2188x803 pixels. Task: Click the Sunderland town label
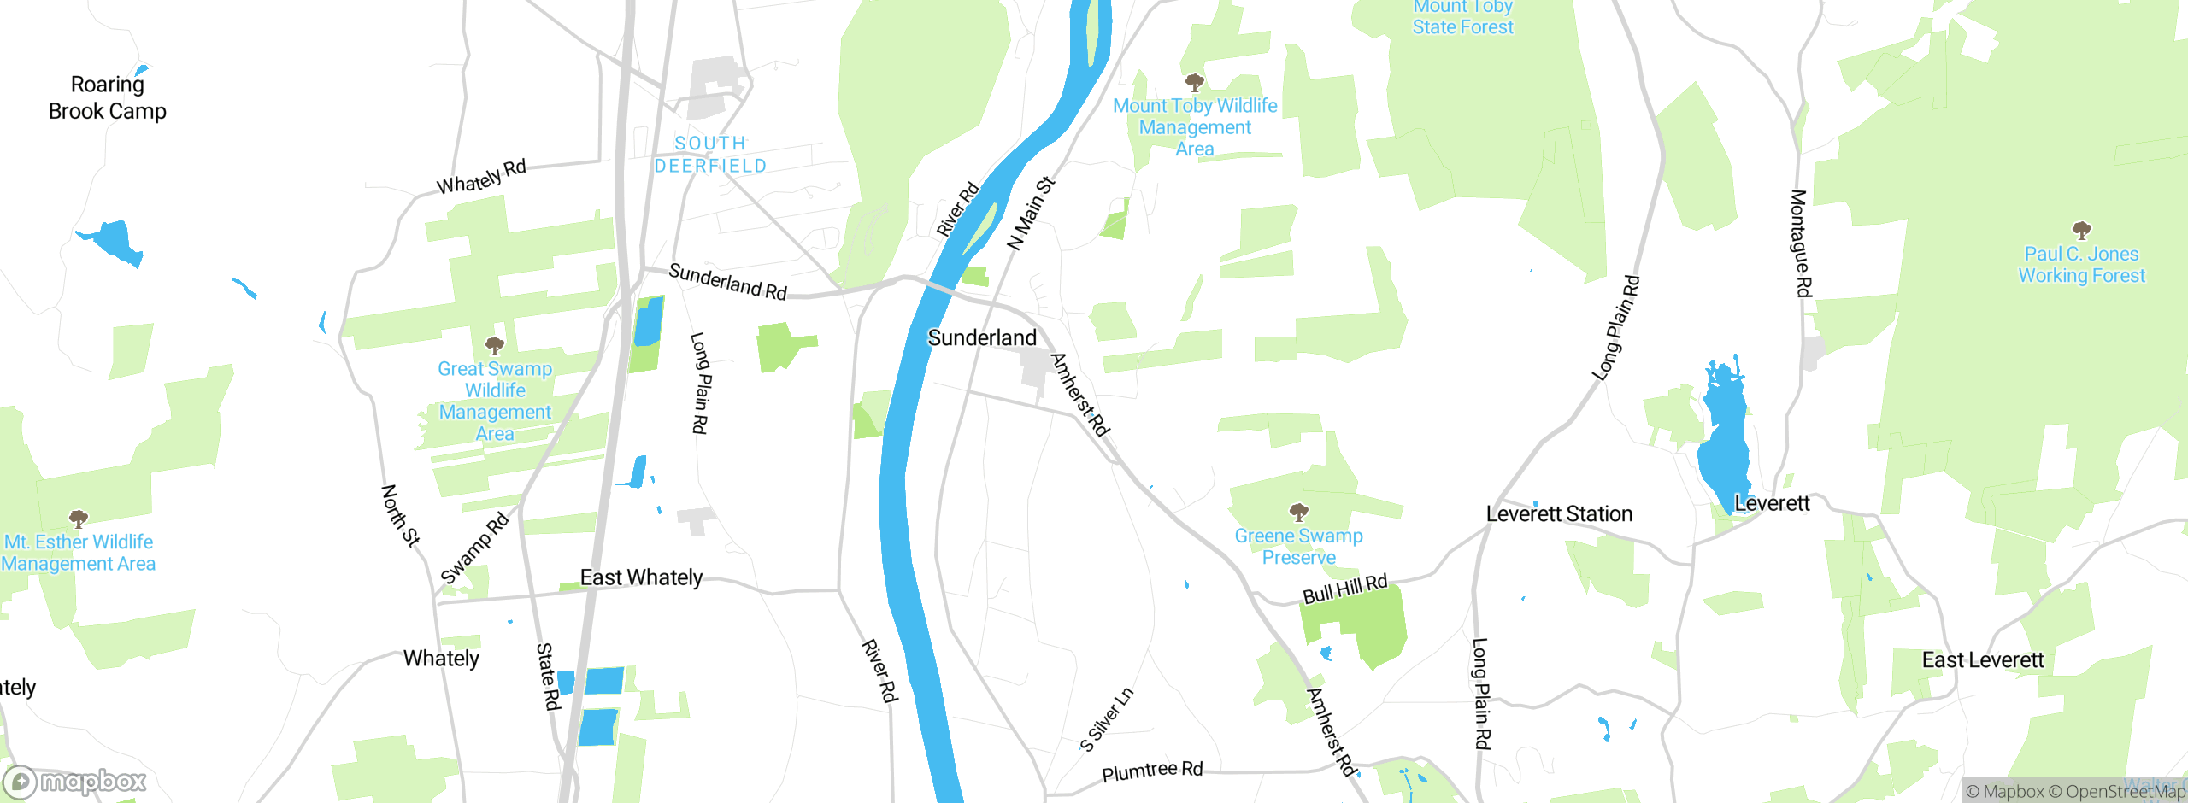982,337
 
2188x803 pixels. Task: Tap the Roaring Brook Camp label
108,97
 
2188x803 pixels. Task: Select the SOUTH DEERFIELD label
710,155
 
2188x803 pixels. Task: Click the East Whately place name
641,577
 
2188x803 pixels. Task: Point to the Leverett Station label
1559,513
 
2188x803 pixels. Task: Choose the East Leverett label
1983,659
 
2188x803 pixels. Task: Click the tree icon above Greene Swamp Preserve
1299,512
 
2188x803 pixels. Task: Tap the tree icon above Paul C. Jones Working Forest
2082,230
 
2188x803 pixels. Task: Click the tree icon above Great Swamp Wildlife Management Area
495,345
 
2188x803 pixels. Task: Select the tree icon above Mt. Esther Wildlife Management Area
79,519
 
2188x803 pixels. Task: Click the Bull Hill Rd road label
1344,589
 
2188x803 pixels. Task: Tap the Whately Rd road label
481,176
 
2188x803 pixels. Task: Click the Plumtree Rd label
1152,771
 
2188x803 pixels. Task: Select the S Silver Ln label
1107,719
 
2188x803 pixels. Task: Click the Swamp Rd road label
474,548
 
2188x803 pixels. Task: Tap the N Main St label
1031,213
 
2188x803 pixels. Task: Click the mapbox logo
75,781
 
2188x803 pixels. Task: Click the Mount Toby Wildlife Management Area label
1195,127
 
